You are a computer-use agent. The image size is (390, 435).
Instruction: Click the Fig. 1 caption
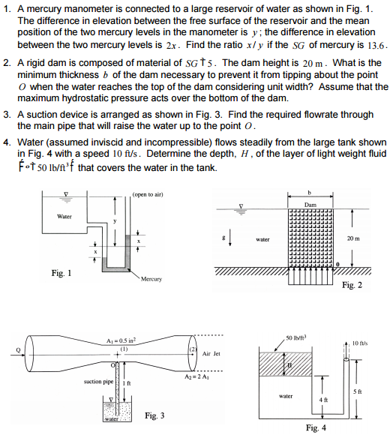pos(61,273)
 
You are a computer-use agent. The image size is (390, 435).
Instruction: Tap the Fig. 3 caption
pos(156,415)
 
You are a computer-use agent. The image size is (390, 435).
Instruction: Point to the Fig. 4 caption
pos(316,427)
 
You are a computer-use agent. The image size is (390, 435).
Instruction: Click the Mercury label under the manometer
pos(151,278)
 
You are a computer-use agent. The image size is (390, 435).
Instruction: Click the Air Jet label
pos(211,352)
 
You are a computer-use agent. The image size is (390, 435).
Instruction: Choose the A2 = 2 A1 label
pos(197,374)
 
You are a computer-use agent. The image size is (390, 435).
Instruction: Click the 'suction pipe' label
pos(99,382)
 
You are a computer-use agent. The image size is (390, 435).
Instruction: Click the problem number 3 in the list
pos(7,115)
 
